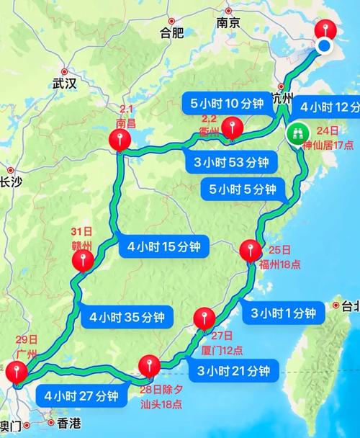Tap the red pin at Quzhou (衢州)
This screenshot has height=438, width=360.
(x=231, y=129)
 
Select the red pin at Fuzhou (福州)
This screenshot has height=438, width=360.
(x=248, y=251)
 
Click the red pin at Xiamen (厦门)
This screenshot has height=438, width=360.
(x=204, y=317)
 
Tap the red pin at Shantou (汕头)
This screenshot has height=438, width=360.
(x=149, y=363)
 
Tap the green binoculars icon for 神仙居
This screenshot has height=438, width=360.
(x=297, y=133)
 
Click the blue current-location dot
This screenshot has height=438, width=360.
(x=324, y=46)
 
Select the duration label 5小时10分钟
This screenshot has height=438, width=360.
(x=227, y=103)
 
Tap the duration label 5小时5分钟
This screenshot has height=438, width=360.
(x=241, y=189)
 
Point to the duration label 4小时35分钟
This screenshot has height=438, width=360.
(x=127, y=316)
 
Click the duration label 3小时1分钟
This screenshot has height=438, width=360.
(x=283, y=313)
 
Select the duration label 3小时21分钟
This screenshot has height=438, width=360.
(x=233, y=371)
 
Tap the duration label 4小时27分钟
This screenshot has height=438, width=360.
(x=80, y=395)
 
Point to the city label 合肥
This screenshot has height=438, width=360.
(x=173, y=33)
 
